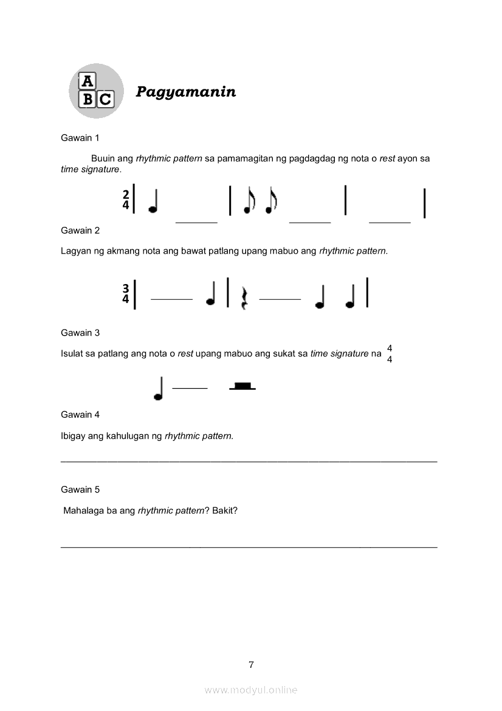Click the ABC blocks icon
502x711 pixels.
[96, 91]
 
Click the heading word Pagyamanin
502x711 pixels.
[185, 92]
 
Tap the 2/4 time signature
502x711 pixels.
[126, 199]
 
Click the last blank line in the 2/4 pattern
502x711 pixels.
[390, 222]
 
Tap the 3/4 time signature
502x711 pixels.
[126, 293]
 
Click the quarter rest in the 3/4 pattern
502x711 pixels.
[244, 298]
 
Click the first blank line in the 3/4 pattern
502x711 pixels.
[171, 299]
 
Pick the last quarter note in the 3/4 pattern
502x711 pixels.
[350, 295]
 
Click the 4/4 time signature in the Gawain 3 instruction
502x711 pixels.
[390, 353]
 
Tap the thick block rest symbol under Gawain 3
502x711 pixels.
[242, 386]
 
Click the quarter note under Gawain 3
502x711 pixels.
[159, 389]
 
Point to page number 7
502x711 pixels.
[251, 665]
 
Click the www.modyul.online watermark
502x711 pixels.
[251, 690]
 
